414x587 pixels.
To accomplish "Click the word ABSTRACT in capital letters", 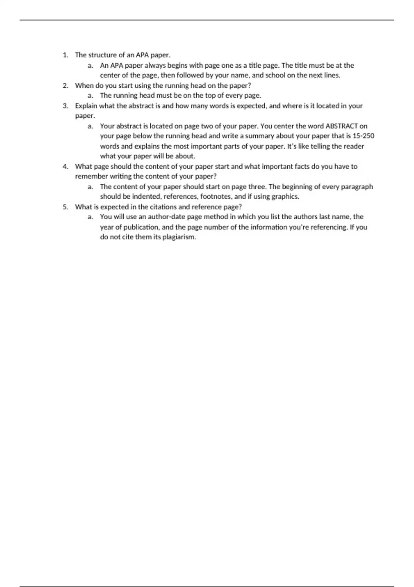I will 342,126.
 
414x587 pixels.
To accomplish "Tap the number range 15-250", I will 363,136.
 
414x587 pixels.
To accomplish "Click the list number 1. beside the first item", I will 66,55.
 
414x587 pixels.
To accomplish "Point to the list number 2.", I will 66,86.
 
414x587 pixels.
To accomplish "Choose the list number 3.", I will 66,106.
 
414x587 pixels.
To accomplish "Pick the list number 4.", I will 66,166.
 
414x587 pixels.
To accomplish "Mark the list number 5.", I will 66,207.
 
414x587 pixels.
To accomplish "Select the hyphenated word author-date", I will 167,217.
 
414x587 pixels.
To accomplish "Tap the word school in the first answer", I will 275,75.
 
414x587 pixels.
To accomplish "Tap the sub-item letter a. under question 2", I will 90,96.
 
